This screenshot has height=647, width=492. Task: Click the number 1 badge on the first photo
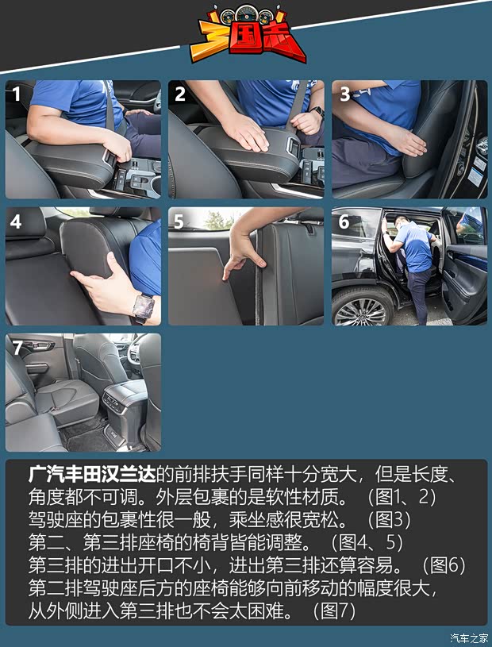tap(17, 94)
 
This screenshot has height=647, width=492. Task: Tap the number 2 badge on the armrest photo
tap(180, 94)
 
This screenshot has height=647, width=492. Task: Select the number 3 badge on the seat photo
tap(344, 94)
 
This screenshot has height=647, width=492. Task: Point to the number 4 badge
tap(17, 221)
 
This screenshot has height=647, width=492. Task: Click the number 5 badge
tap(179, 221)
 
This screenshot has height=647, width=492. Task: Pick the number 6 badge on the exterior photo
tap(344, 221)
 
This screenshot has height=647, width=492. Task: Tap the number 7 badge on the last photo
tap(17, 348)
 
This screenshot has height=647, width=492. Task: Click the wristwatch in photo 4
tap(143, 306)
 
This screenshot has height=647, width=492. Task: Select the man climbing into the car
tap(413, 258)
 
